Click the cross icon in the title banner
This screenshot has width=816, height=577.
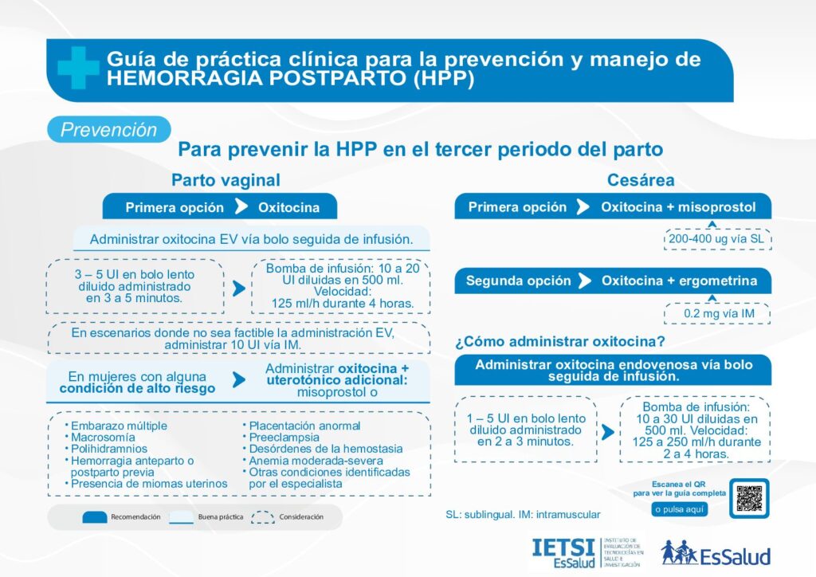(78, 68)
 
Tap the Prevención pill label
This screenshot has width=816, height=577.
(108, 130)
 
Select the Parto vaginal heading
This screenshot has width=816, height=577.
(226, 180)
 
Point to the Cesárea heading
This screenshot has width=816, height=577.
(641, 180)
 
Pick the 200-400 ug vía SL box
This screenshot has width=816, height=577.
(717, 239)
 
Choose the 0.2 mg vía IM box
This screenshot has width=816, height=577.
(717, 313)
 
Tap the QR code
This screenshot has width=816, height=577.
(749, 498)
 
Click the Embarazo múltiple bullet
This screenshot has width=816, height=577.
(116, 426)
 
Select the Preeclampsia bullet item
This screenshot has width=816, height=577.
(281, 437)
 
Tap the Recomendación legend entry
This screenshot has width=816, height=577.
(122, 516)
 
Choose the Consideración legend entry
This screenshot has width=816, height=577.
(288, 516)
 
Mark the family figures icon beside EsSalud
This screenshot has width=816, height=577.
(679, 552)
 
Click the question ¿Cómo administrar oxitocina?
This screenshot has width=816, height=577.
(560, 341)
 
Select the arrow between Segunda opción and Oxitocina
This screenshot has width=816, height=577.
(585, 281)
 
